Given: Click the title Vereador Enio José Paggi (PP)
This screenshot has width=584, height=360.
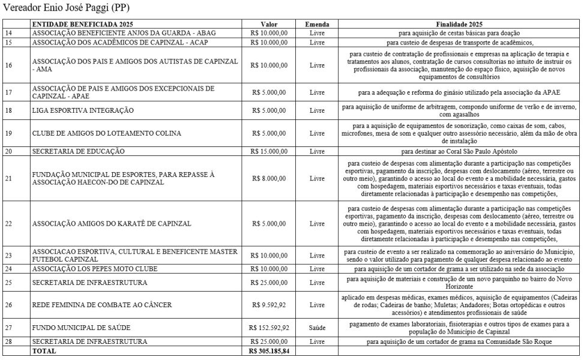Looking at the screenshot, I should pos(66,8).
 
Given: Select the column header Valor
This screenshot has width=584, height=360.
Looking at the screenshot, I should pos(269,23).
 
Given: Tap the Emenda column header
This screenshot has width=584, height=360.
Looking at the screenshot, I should pos(316,23).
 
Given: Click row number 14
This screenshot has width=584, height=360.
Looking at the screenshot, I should pos(9,33).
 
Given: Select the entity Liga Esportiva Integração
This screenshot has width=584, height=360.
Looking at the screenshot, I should pos(83,110).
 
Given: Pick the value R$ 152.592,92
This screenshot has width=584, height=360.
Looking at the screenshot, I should pos(269,328).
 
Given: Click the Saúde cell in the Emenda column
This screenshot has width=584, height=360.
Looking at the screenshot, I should pos(316,328).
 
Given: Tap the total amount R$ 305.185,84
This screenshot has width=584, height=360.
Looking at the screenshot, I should pos(269,351).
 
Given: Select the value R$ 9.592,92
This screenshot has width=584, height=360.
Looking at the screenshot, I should pos(269,305).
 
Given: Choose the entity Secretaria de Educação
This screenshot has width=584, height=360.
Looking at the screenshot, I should pos(79,151).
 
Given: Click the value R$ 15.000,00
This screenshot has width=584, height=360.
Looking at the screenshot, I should pos(269,151).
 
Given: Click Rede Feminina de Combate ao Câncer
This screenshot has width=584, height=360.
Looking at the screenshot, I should pos(102,305).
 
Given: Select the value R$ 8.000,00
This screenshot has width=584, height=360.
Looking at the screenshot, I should pos(269,178).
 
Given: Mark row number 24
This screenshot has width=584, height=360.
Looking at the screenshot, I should pos(9,269).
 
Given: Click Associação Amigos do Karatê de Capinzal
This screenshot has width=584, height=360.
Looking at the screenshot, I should pos(112,224).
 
